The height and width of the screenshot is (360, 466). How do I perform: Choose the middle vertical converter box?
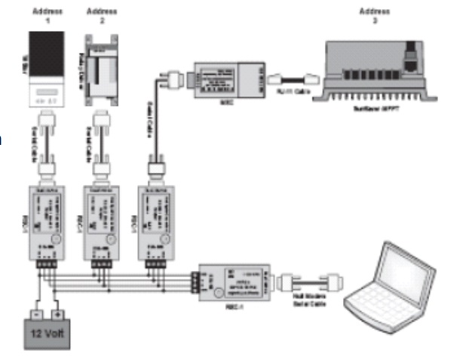pos(100,218)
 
